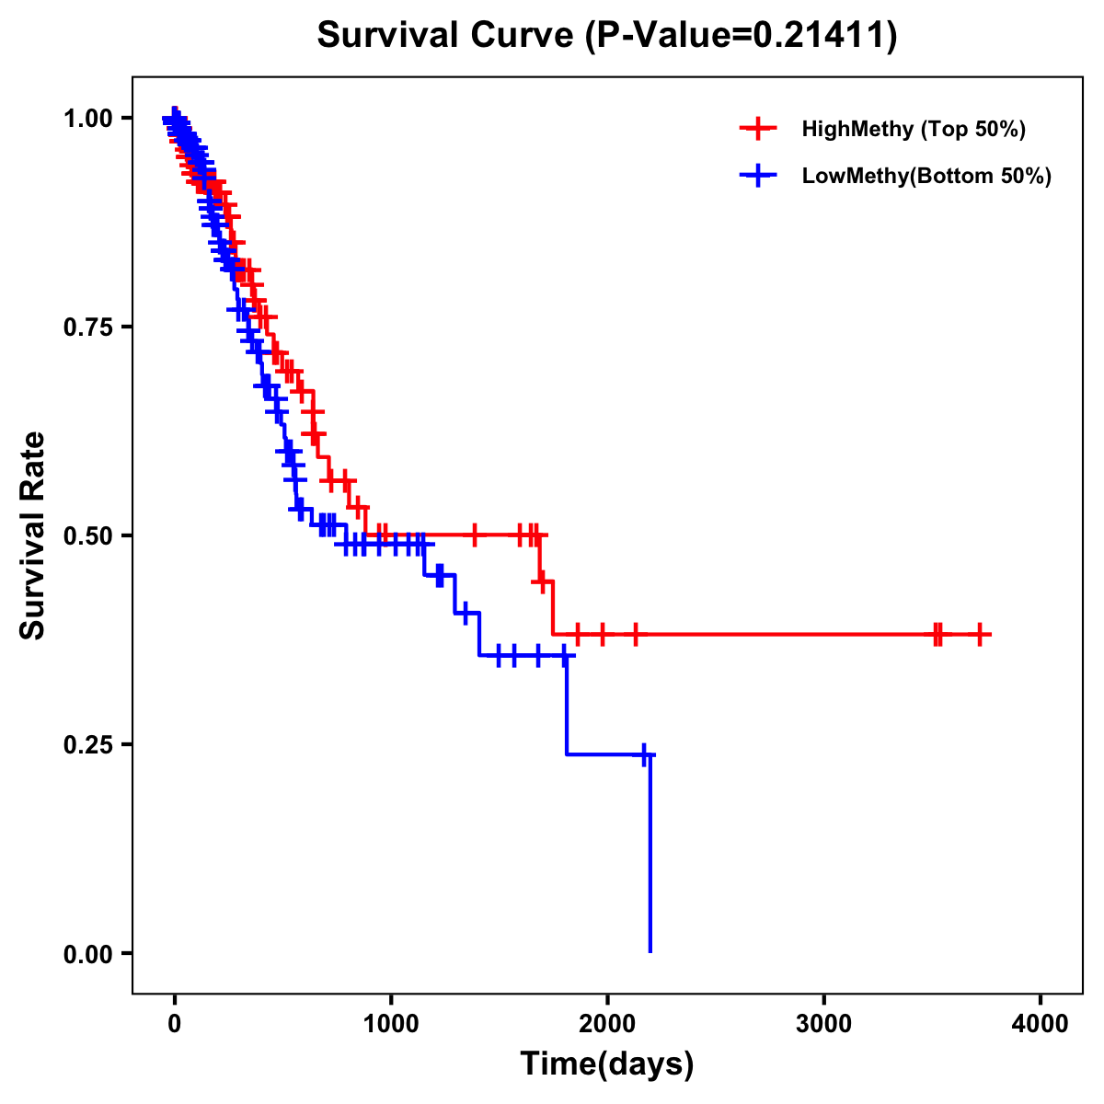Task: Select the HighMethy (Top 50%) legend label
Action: [913, 129]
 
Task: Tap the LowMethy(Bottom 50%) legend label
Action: [926, 176]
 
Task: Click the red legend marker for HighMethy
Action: [758, 129]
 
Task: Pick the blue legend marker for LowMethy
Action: [758, 176]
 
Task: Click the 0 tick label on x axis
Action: [175, 1024]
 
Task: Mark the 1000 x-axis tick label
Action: [391, 1024]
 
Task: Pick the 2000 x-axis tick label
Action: [607, 1024]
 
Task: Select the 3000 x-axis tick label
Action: [823, 1024]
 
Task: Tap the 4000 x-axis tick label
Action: [1041, 1024]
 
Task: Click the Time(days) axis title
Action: [607, 1064]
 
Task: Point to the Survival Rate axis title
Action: [33, 535]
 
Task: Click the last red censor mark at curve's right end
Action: [981, 635]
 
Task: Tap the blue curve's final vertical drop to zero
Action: [650, 856]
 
